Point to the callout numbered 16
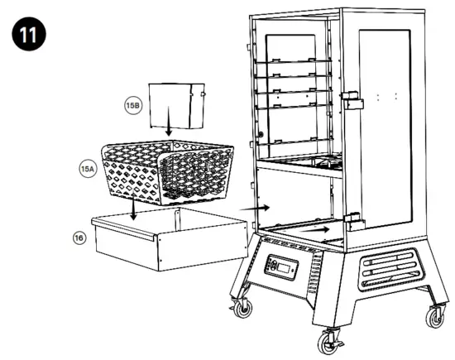[x=78, y=237]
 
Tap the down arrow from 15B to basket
[x=168, y=128]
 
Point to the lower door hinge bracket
[x=354, y=222]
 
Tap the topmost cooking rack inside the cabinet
[x=293, y=63]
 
